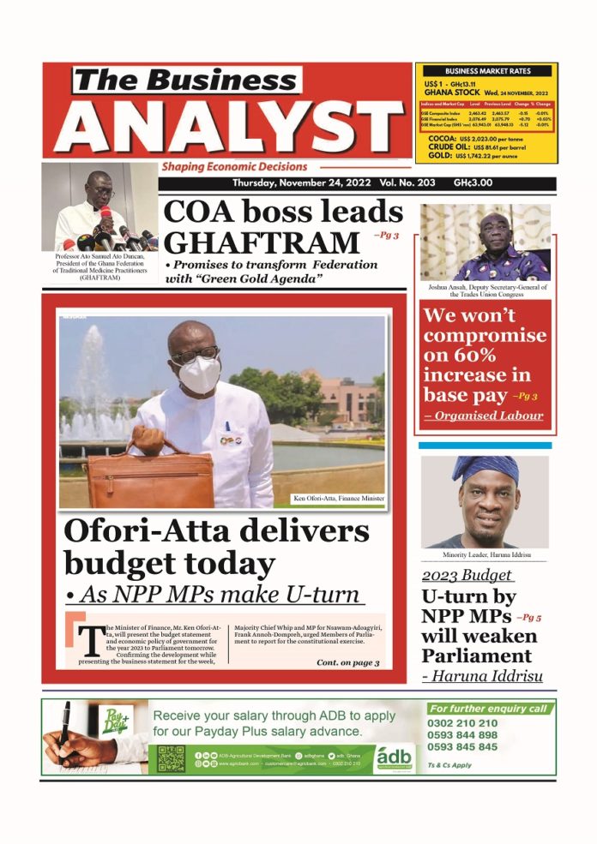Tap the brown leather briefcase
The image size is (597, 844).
(150, 479)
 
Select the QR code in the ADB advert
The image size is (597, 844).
(172, 758)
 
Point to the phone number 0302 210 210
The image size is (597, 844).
(462, 723)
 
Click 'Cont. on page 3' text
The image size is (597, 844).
(347, 662)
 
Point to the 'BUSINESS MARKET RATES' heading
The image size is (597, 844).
(486, 71)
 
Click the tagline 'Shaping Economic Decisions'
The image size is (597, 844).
(233, 167)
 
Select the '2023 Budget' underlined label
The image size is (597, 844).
(467, 576)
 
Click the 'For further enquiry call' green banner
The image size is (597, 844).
(489, 709)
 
